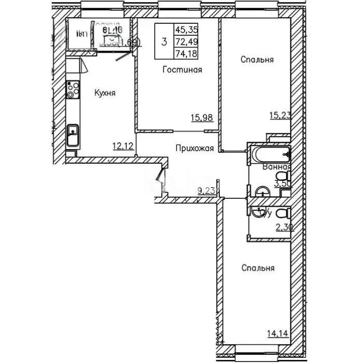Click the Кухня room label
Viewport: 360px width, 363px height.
coord(104,93)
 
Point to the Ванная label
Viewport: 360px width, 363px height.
coord(276,167)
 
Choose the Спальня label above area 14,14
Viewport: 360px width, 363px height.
coord(257,268)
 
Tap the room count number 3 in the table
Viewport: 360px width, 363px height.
coord(164,41)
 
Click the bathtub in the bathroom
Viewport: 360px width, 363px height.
coord(269,154)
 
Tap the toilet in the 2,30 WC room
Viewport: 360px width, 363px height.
coord(282,213)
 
